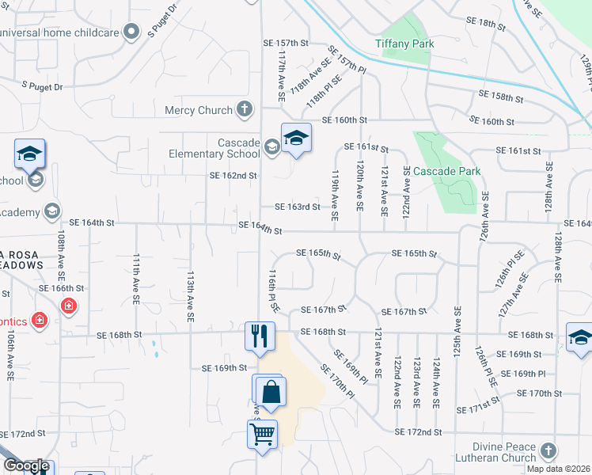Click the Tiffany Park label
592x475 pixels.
(x=404, y=44)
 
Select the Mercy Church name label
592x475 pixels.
(x=199, y=110)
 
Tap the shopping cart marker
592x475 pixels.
(x=262, y=433)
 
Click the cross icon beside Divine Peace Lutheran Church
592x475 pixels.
(x=548, y=452)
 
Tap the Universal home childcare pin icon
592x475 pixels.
(x=132, y=32)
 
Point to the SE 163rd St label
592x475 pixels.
(x=297, y=207)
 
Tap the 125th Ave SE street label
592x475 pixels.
(x=457, y=327)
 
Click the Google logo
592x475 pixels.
(x=26, y=465)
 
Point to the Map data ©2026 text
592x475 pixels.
(x=559, y=469)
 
